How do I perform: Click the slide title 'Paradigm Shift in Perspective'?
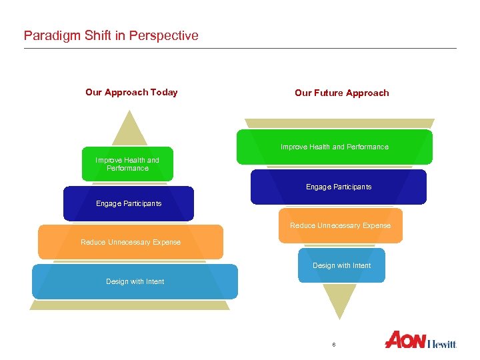[x=111, y=35]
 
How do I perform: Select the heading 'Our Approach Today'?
[x=131, y=92]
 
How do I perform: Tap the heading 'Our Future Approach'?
[x=341, y=93]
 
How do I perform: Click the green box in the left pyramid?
[x=127, y=164]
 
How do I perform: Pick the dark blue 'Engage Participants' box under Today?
[x=129, y=203]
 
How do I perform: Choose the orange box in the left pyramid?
[x=131, y=242]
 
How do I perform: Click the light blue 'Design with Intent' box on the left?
[x=135, y=281]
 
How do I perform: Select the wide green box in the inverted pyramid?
[x=334, y=147]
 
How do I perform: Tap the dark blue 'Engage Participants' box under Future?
[x=339, y=187]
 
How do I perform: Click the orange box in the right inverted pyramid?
[x=340, y=225]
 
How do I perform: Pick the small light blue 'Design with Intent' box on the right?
[x=341, y=265]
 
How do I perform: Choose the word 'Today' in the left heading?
[x=164, y=92]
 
